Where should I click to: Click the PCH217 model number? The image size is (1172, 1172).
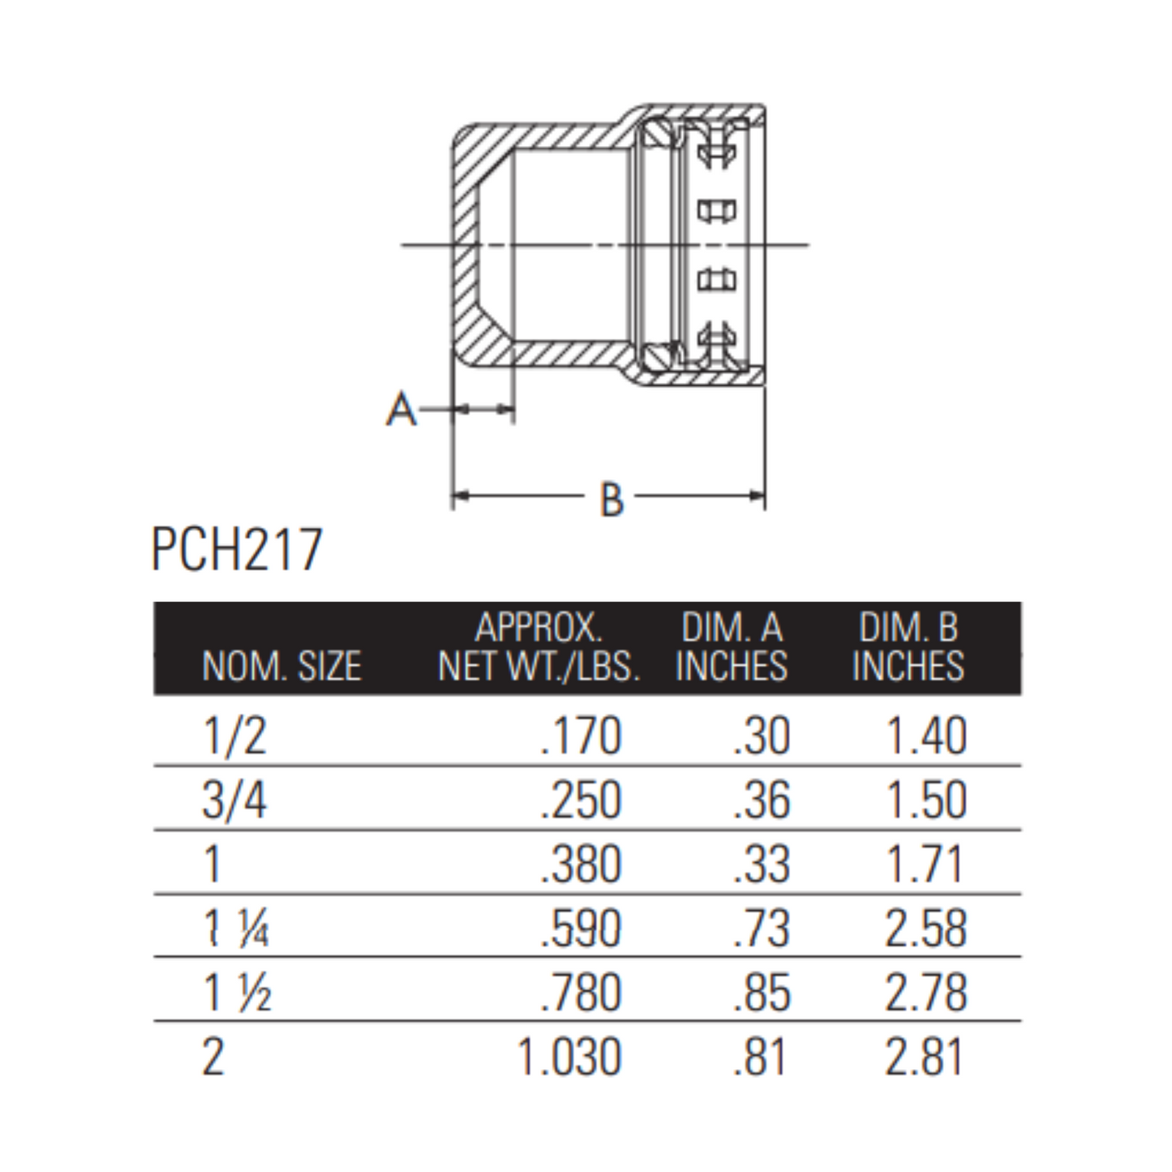click(x=237, y=550)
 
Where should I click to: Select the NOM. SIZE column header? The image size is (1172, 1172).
click(x=281, y=667)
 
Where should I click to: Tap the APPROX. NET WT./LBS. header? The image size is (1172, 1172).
click(x=539, y=647)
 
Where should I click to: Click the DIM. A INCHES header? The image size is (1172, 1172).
click(x=732, y=647)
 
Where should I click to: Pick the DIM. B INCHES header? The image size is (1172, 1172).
click(x=908, y=647)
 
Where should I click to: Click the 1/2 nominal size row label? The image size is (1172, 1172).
click(x=234, y=736)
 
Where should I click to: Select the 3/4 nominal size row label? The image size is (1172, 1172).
click(x=234, y=801)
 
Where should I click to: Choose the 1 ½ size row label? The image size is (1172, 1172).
click(x=236, y=993)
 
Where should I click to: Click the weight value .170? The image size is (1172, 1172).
click(x=581, y=736)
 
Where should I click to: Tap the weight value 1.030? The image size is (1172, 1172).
click(x=569, y=1057)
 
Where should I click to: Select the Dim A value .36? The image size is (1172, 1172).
click(x=761, y=801)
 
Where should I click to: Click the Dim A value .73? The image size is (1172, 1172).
click(x=761, y=929)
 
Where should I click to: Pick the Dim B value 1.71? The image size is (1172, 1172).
click(x=925, y=865)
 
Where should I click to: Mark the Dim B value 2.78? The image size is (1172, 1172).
click(x=925, y=993)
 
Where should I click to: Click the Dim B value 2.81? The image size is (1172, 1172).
click(x=925, y=1057)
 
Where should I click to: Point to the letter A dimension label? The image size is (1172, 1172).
click(x=401, y=409)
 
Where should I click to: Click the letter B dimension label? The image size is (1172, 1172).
click(x=612, y=500)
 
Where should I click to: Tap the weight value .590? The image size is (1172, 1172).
click(x=581, y=929)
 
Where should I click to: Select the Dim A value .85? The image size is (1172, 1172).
click(x=761, y=993)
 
